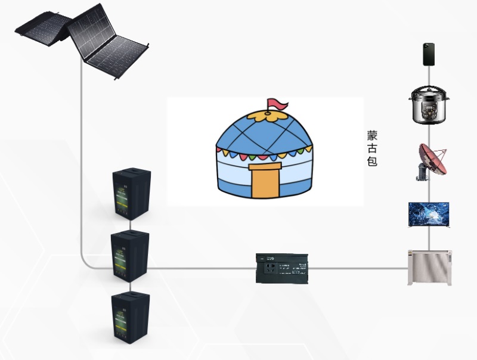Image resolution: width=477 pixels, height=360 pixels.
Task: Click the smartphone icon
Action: pyautogui.click(x=429, y=54)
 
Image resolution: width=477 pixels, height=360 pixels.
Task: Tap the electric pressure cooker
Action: pyautogui.click(x=428, y=104)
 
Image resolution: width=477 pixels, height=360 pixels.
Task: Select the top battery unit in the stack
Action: pyautogui.click(x=132, y=195)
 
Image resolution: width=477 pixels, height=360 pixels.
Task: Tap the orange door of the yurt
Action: pyautogui.click(x=264, y=181)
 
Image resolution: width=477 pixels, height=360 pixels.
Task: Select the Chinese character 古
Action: pyautogui.click(x=372, y=148)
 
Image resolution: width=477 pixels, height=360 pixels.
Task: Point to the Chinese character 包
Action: pyautogui.click(x=372, y=161)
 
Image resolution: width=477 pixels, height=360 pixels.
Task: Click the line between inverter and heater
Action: pyautogui.click(x=358, y=268)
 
